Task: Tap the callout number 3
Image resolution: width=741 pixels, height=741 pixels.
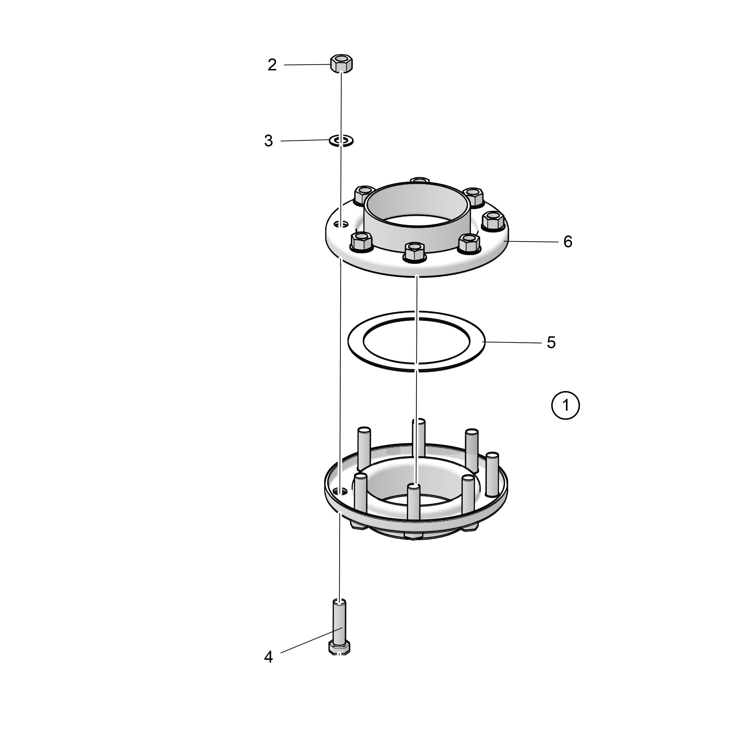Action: pyautogui.click(x=268, y=141)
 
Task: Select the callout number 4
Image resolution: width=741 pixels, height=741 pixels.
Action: pyautogui.click(x=268, y=657)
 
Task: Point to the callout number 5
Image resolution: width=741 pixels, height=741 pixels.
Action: pyautogui.click(x=551, y=343)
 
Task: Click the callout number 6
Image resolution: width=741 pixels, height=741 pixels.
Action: pyautogui.click(x=568, y=242)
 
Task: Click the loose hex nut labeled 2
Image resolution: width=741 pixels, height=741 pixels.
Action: pyautogui.click(x=341, y=63)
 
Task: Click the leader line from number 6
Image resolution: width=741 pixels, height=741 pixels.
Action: pyautogui.click(x=531, y=241)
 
